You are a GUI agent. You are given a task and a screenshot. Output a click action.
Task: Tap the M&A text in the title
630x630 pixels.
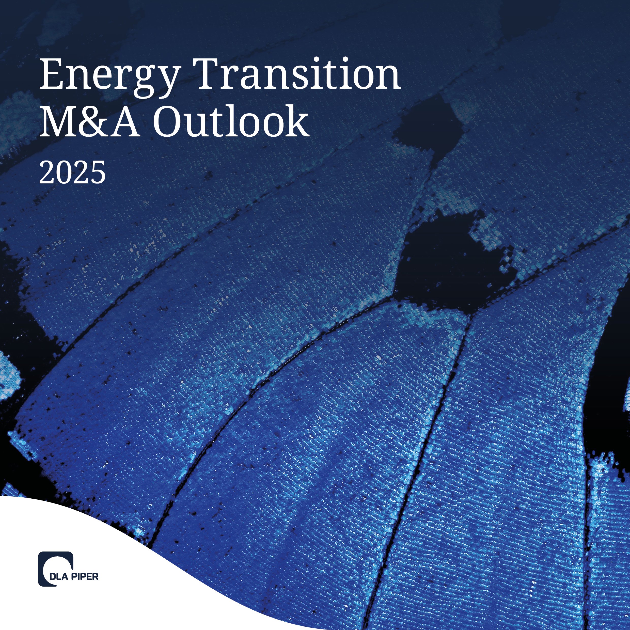[x=89, y=122]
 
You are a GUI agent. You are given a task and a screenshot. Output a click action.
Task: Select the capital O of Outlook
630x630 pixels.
[x=168, y=122]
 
